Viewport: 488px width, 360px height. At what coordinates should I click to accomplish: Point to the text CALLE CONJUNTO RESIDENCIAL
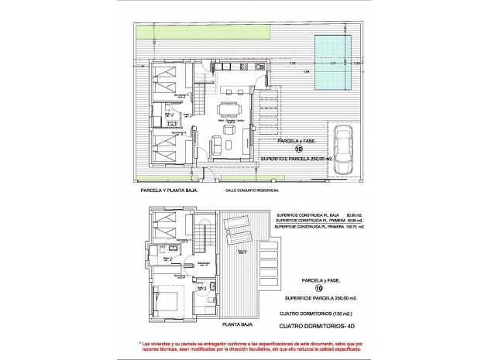point(252,189)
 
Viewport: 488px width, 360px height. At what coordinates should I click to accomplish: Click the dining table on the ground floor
point(230,108)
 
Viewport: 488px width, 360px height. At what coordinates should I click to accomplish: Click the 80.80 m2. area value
point(351,215)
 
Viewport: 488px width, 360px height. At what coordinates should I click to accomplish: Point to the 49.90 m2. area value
point(351,221)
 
